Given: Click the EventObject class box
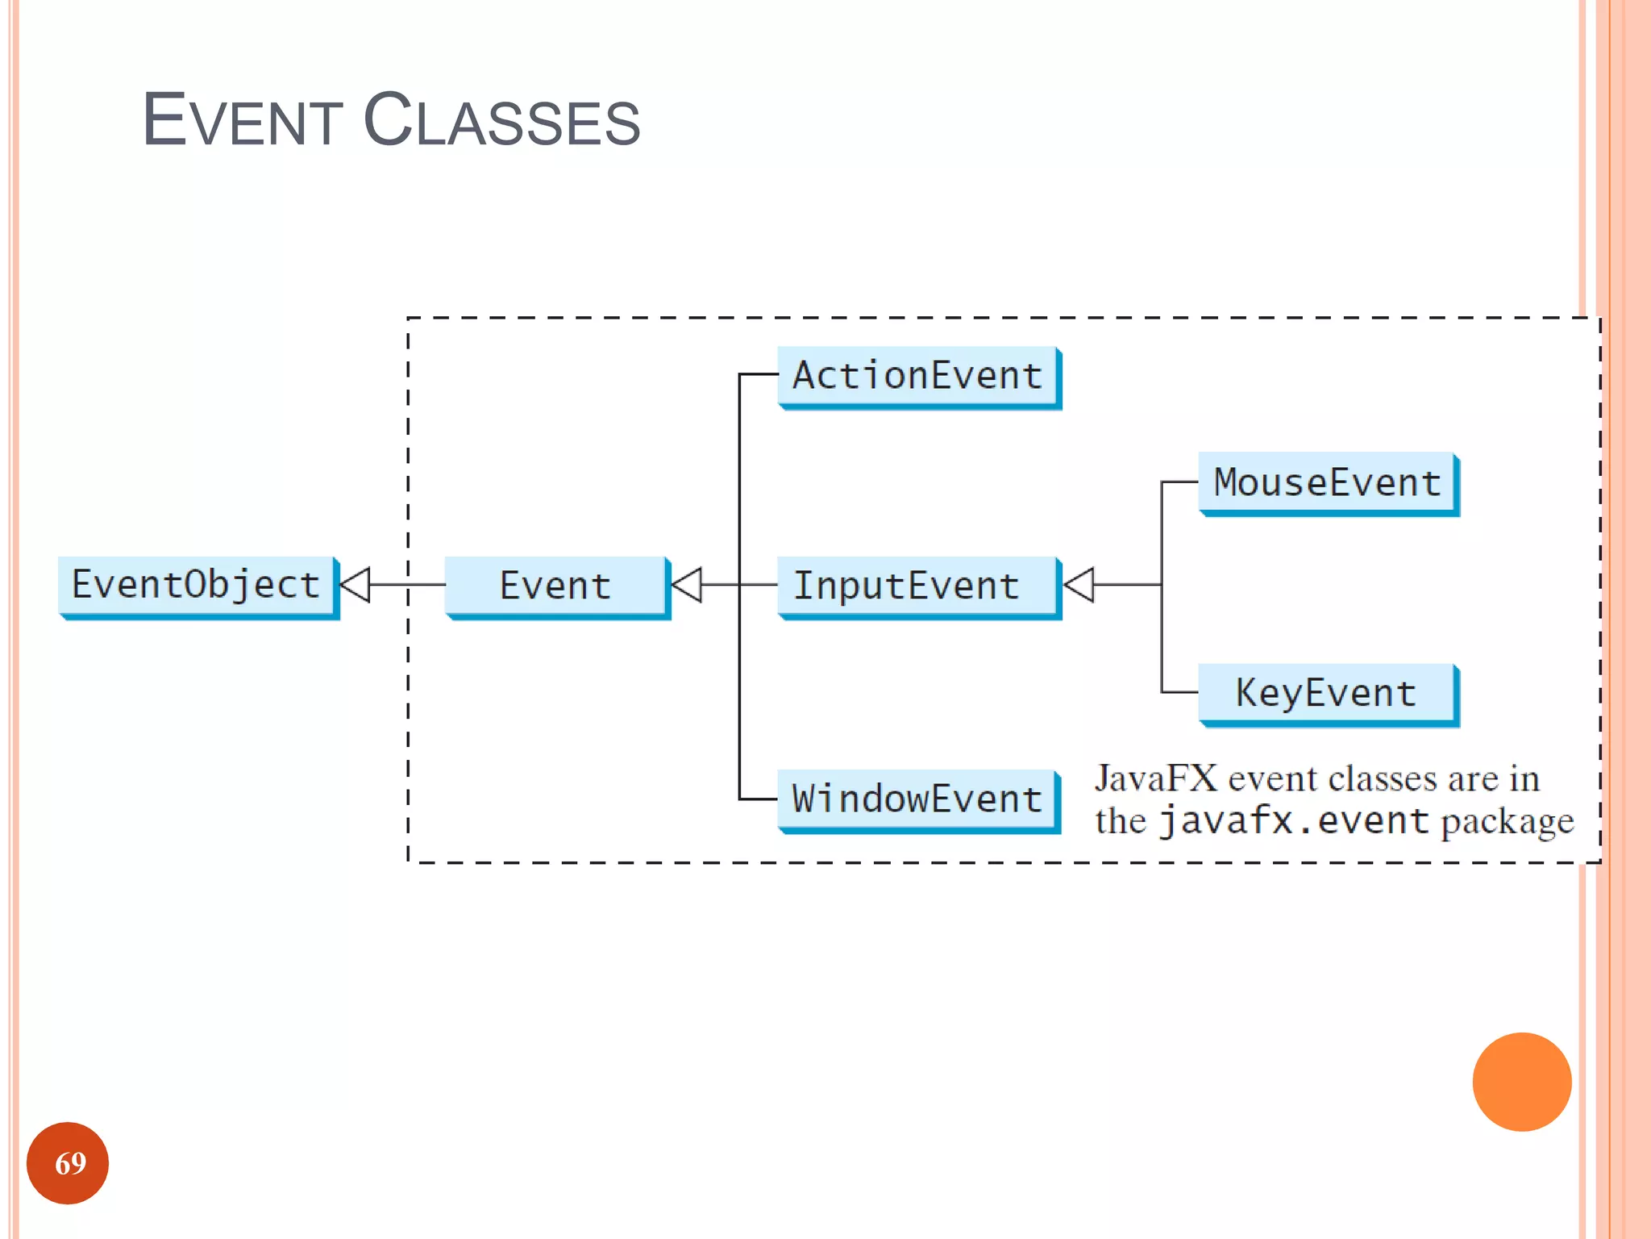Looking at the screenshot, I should [198, 586].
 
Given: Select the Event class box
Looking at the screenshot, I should [556, 586].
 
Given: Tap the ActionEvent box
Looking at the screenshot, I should [918, 377].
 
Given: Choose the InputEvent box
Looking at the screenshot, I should [918, 586].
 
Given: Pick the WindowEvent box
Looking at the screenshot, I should [918, 799].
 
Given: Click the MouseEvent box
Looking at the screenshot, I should [1328, 483].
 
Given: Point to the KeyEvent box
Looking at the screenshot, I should [1328, 694].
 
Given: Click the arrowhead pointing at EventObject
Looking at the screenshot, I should [356, 585].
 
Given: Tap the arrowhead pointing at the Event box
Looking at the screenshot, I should [687, 585].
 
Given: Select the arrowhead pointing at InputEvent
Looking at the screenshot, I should [1079, 585].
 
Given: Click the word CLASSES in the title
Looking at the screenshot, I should [501, 121].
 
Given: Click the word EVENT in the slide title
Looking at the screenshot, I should [243, 121].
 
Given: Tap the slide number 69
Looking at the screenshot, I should [69, 1163].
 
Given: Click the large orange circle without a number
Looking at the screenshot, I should [1521, 1082].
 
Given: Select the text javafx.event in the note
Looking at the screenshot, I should [1293, 821].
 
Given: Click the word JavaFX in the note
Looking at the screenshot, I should [1155, 779].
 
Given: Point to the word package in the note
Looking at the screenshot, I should [1507, 823].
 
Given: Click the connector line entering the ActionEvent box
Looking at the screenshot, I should [759, 374].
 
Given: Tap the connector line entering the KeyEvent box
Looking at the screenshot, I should [1179, 692].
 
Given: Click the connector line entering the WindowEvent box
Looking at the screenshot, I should [759, 799].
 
